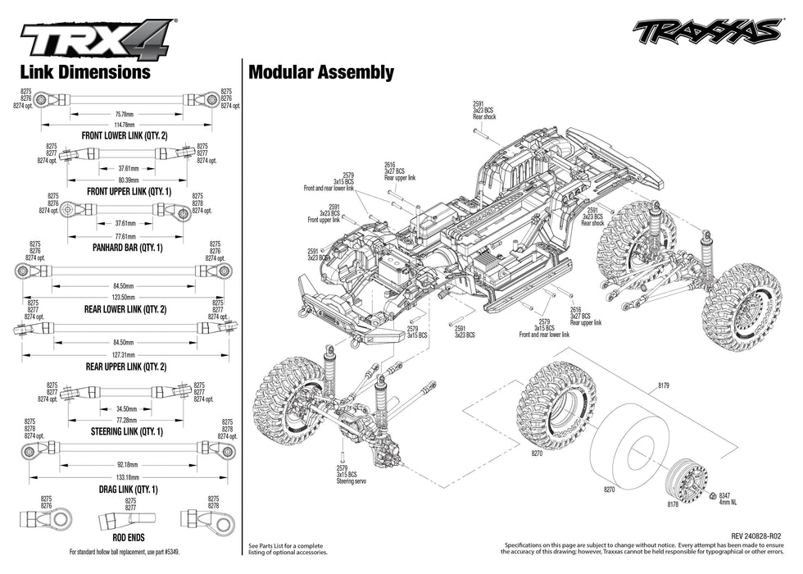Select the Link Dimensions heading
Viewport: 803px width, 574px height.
[x=84, y=72]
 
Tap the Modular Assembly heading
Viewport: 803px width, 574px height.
[x=320, y=72]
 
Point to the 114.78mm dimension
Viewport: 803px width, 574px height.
[x=125, y=125]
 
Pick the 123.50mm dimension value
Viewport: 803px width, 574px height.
[x=123, y=296]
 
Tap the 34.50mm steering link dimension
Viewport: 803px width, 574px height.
[x=126, y=408]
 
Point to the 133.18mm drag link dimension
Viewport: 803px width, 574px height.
[x=126, y=476]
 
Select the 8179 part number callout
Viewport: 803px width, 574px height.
[x=663, y=385]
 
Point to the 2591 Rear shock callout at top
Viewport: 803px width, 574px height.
[x=483, y=110]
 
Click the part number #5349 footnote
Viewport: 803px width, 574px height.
[x=170, y=551]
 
